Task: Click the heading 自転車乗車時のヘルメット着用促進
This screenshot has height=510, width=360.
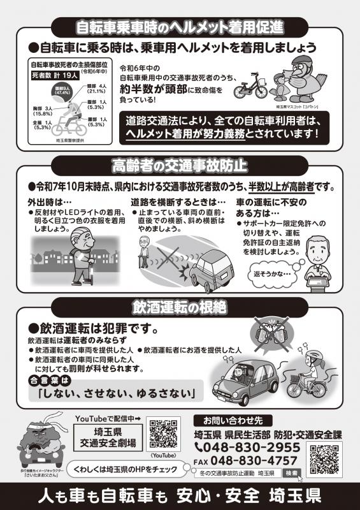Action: point(179,28)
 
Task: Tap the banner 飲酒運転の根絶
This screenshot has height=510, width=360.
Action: point(180,307)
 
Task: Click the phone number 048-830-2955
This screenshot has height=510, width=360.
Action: point(250,448)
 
